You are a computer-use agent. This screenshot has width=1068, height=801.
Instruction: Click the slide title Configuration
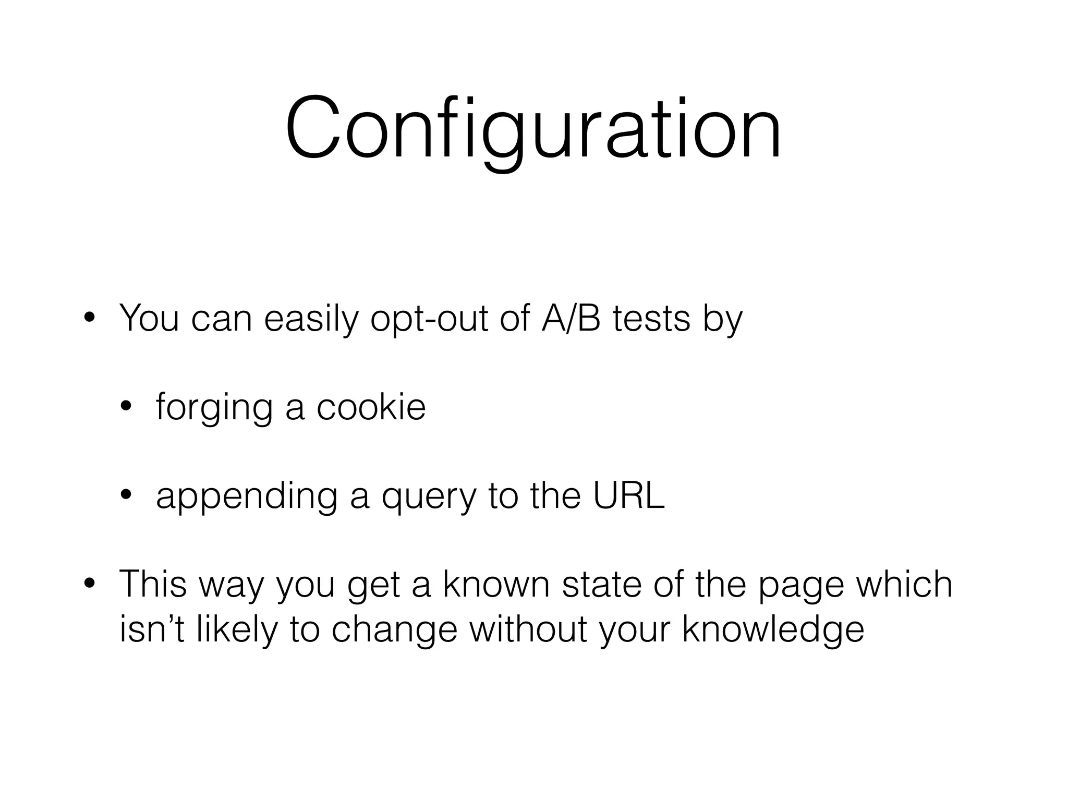tap(533, 128)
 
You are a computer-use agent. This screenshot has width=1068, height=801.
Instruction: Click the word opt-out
tap(429, 319)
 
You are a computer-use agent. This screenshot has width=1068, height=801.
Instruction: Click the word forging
tap(214, 408)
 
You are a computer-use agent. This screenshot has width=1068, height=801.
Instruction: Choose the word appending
tap(246, 496)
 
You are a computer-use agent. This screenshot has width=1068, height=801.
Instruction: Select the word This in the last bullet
tap(153, 584)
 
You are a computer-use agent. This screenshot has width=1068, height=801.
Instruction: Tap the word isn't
tap(152, 628)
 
